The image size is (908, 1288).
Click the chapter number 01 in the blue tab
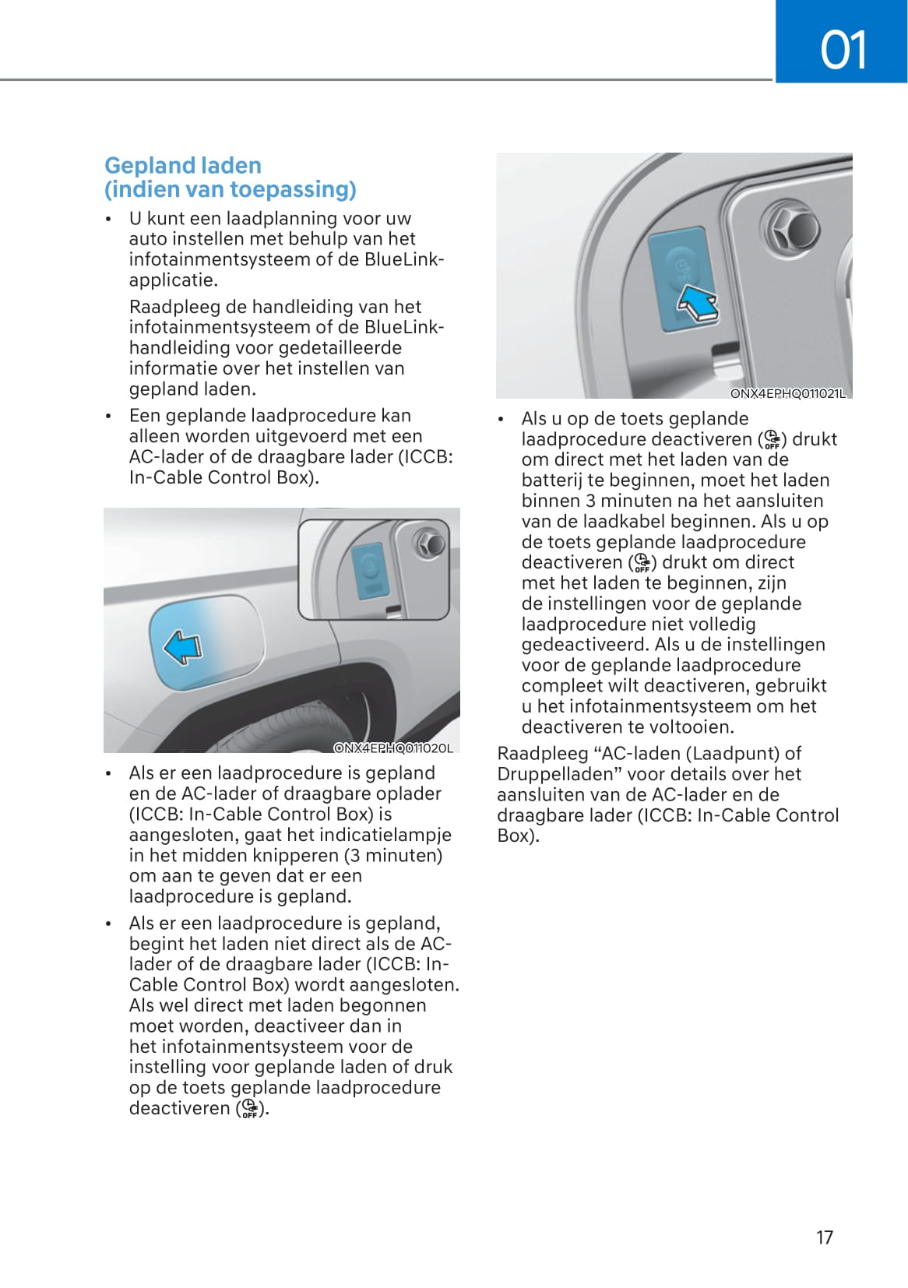click(843, 50)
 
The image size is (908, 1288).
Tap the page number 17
click(824, 1237)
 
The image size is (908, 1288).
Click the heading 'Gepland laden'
click(183, 165)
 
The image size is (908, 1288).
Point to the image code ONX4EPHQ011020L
click(393, 748)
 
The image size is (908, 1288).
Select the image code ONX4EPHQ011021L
click(787, 393)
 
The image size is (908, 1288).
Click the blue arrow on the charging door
click(183, 647)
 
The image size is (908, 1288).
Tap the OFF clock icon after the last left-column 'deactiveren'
click(249, 1109)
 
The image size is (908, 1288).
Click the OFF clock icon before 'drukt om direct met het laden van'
click(772, 440)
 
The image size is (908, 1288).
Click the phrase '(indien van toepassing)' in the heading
click(231, 189)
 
